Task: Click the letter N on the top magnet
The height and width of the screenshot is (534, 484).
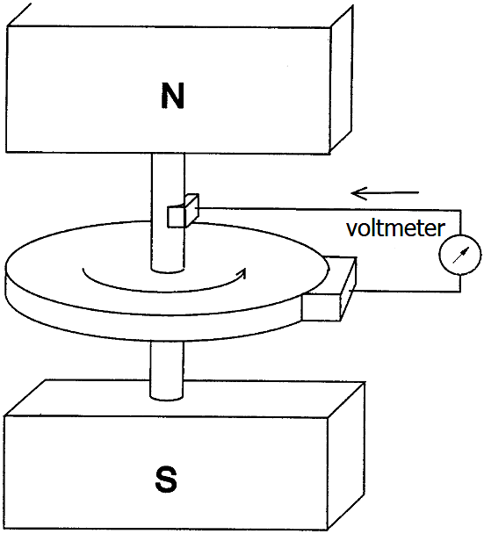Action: [x=172, y=96]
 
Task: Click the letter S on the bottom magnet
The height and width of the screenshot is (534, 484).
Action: [x=166, y=480]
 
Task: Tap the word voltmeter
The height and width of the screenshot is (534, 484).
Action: [x=395, y=227]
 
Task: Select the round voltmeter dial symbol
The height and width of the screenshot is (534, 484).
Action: [x=459, y=255]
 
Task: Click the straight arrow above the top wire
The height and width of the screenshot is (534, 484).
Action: [x=385, y=193]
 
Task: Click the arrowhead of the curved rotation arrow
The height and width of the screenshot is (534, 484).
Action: [x=242, y=273]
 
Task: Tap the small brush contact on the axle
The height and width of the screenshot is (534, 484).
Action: [x=183, y=211]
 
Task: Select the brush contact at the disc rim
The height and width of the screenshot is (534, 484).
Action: [x=329, y=288]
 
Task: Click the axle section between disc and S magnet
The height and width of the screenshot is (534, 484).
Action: [x=167, y=370]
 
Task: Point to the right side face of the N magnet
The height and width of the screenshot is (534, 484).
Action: [x=341, y=79]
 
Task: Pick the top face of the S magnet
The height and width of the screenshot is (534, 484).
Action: [x=184, y=399]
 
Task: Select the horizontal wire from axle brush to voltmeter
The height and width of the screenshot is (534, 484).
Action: [x=329, y=209]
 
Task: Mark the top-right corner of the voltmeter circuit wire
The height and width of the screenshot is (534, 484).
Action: [x=461, y=211]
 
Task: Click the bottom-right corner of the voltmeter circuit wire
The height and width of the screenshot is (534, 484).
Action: [x=460, y=292]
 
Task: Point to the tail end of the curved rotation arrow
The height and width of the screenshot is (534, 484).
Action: [x=83, y=269]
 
